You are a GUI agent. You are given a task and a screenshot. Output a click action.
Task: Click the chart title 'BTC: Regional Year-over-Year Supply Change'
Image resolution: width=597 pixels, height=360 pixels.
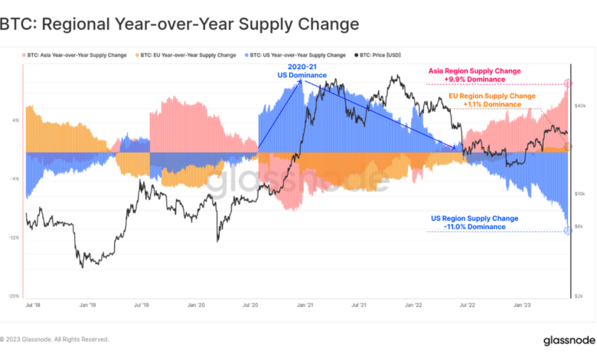pyautogui.click(x=179, y=24)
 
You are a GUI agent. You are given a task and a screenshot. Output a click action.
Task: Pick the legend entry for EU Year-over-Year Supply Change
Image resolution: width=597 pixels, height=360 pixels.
pyautogui.click(x=187, y=55)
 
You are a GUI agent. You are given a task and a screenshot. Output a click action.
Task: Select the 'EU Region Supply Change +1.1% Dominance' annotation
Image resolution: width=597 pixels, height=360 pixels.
pyautogui.click(x=491, y=100)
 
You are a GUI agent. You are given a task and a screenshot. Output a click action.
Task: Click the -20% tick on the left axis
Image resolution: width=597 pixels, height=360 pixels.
pyautogui.click(x=15, y=296)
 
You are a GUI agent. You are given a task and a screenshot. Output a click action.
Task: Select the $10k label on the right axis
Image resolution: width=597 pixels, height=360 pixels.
pyautogui.click(x=581, y=194)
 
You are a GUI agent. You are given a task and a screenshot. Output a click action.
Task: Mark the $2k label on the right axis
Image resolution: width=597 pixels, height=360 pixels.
pyautogui.click(x=582, y=296)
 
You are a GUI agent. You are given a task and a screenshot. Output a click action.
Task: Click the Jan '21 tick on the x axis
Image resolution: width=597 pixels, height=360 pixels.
pyautogui.click(x=306, y=305)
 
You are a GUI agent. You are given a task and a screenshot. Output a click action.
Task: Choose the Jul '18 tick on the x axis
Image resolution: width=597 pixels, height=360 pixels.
pyautogui.click(x=33, y=305)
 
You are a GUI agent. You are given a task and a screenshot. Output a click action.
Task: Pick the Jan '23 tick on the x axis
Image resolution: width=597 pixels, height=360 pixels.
pyautogui.click(x=524, y=305)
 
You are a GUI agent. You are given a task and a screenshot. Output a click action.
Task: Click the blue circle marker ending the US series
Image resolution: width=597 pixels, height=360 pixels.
pyautogui.click(x=567, y=231)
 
